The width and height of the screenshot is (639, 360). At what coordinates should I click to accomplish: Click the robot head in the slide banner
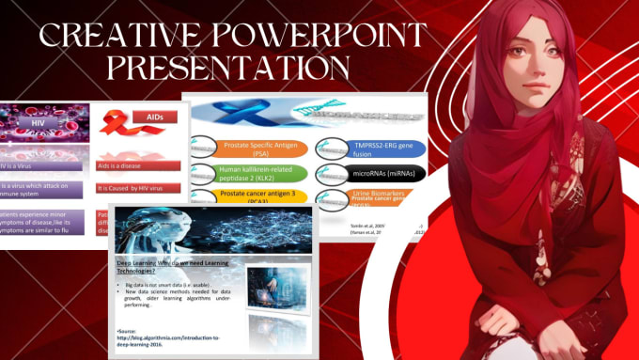(155, 228)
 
